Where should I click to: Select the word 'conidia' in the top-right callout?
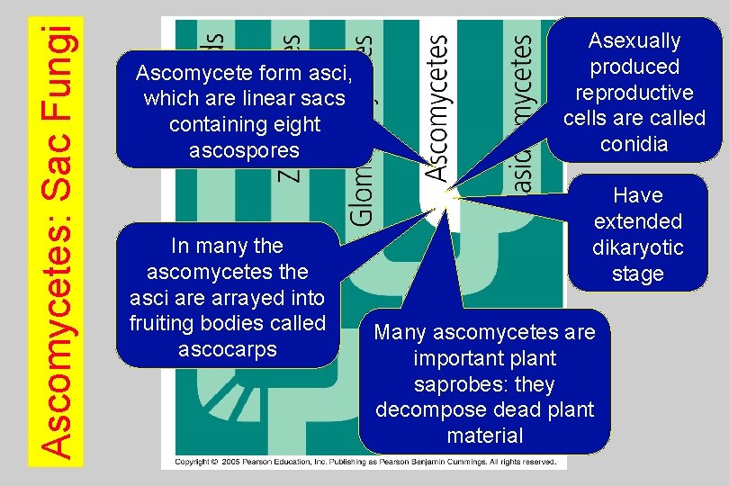(x=634, y=144)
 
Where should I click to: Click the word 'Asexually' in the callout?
(x=634, y=40)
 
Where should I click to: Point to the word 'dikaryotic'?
(x=638, y=247)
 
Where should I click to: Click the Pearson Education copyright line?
(x=364, y=462)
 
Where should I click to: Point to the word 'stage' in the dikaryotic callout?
(x=638, y=274)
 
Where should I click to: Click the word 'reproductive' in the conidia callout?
(x=634, y=93)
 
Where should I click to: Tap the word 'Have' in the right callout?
(x=638, y=195)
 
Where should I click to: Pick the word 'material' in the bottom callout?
(x=484, y=436)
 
